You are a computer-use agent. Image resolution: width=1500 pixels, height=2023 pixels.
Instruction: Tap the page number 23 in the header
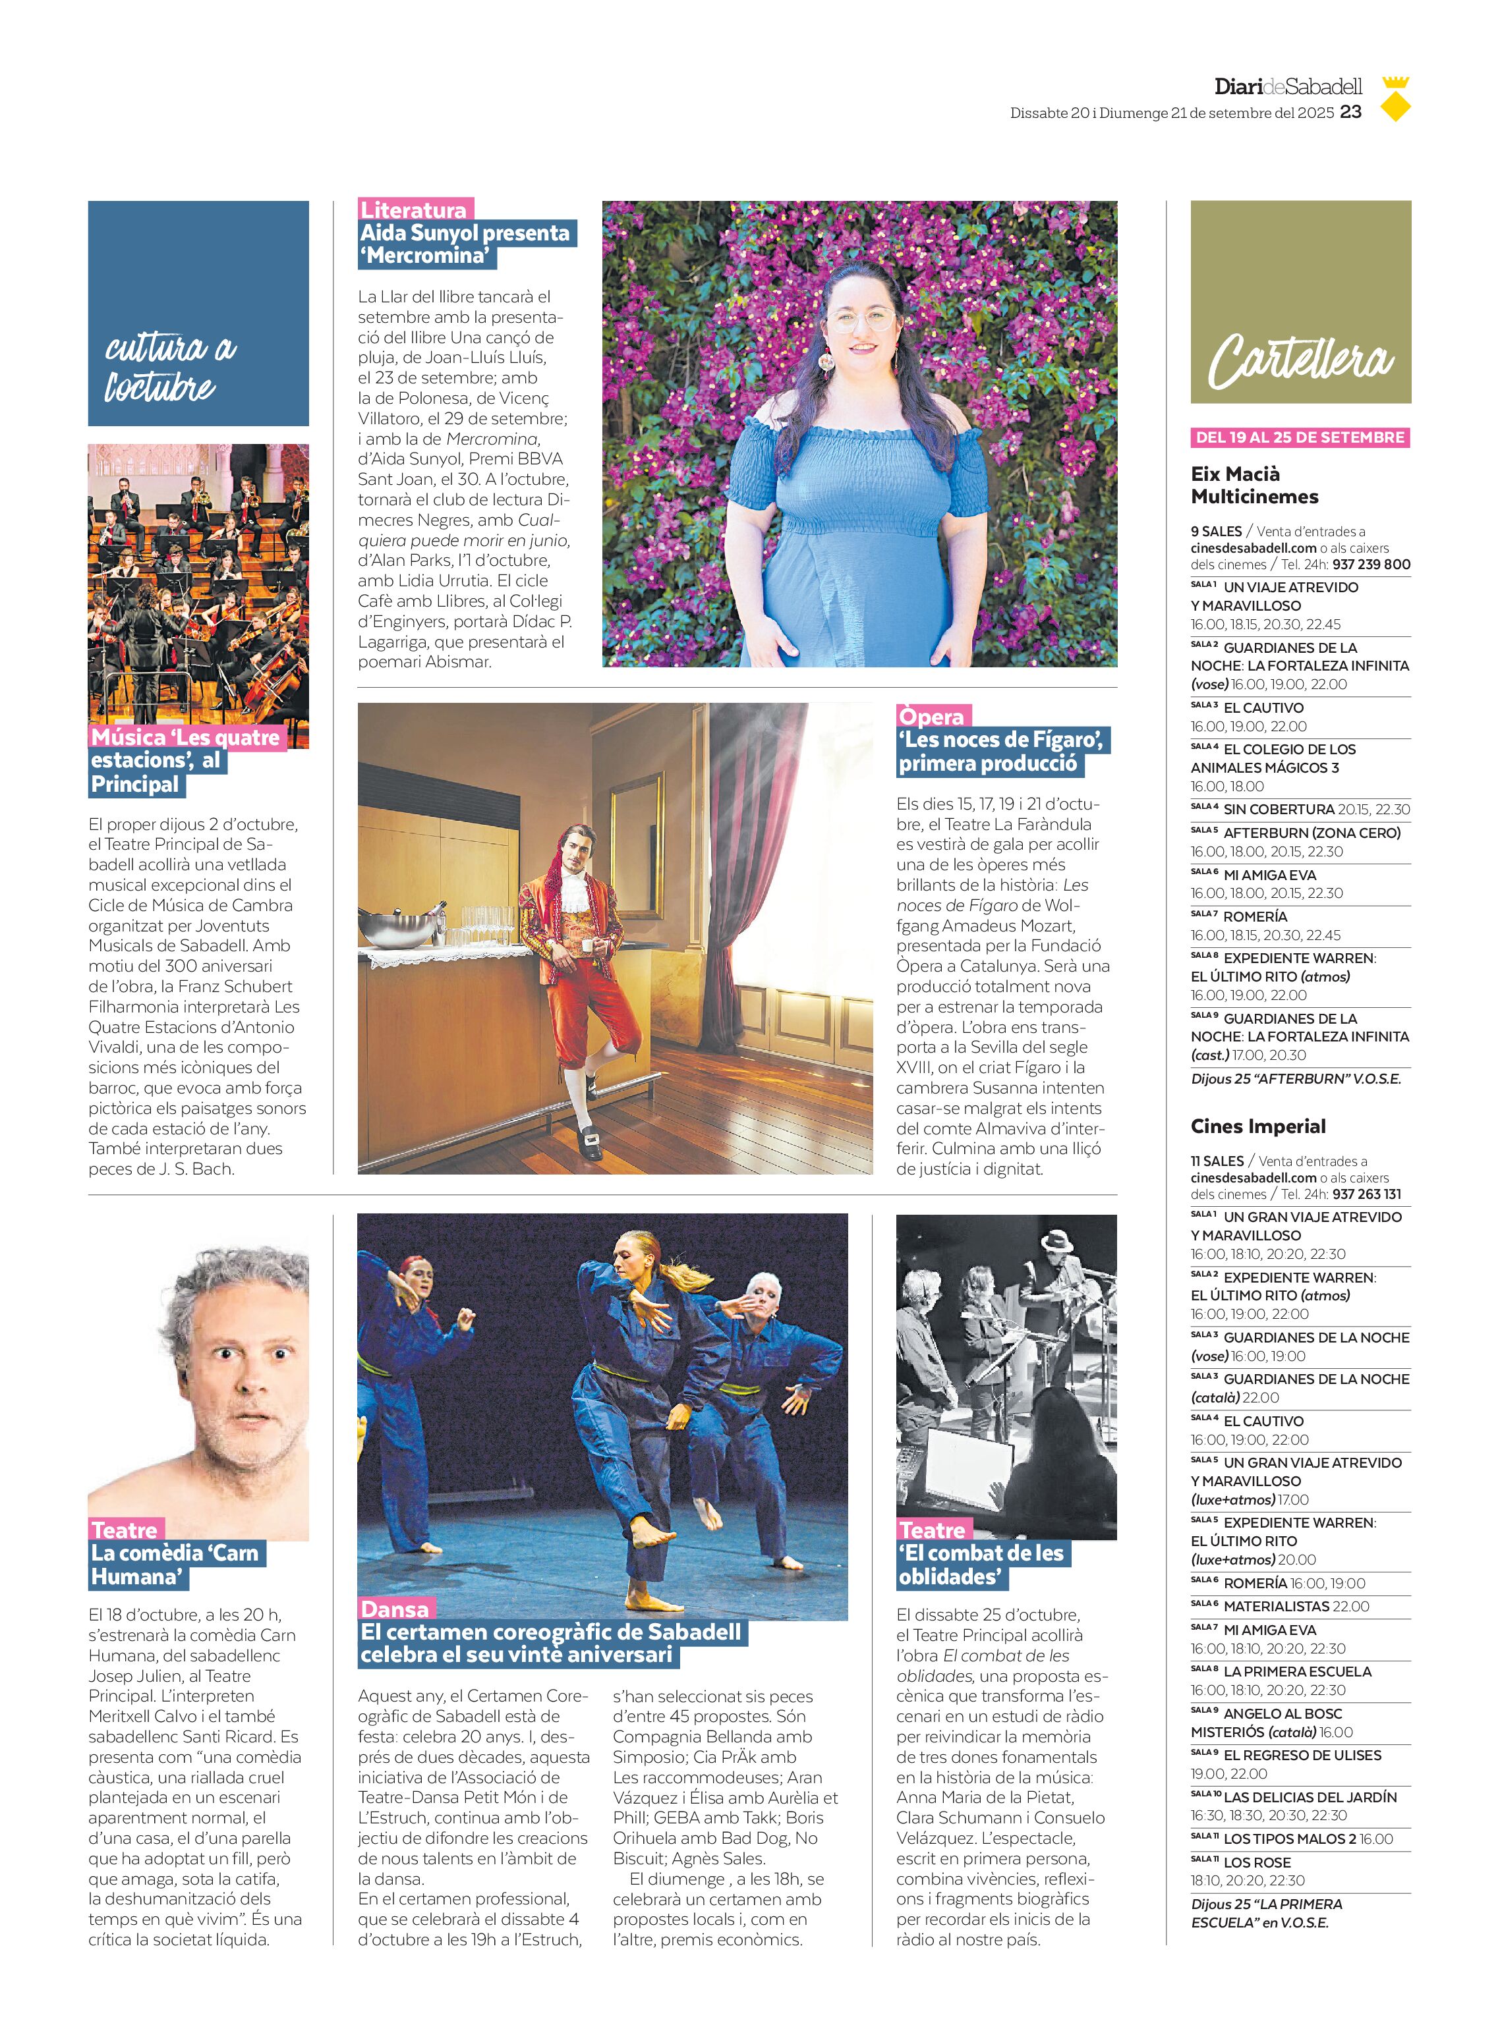click(x=1350, y=111)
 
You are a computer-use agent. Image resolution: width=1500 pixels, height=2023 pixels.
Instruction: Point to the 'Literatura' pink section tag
click(x=413, y=209)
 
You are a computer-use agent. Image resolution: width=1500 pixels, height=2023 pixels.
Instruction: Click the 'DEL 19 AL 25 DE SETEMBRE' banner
click(x=1300, y=437)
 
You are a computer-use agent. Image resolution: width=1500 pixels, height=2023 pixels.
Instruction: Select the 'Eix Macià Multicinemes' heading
click(x=1254, y=485)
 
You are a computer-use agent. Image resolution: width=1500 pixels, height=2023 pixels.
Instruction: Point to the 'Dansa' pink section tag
click(x=395, y=1609)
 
